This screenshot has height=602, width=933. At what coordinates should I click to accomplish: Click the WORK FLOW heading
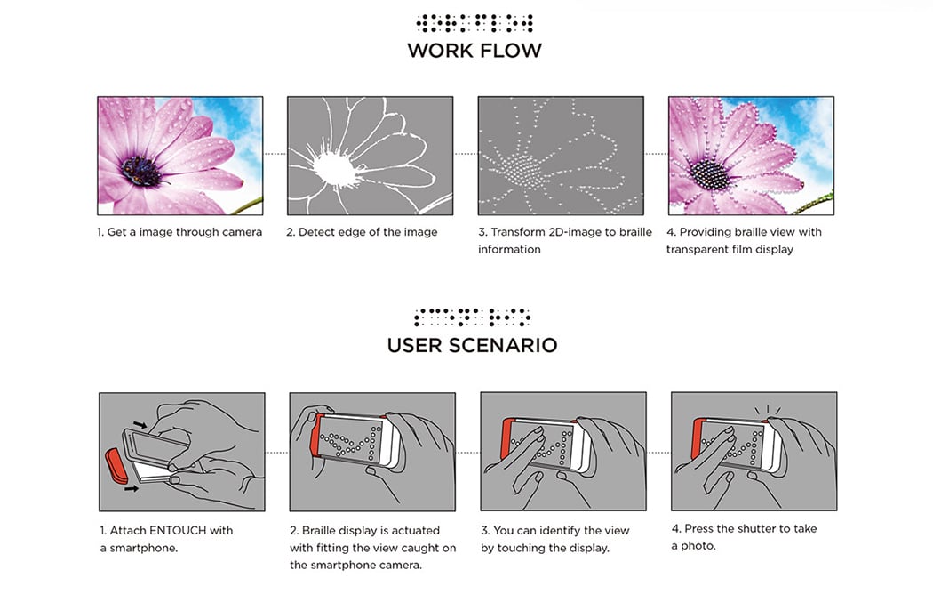(x=474, y=51)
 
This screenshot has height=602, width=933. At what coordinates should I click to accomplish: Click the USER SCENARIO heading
(x=472, y=345)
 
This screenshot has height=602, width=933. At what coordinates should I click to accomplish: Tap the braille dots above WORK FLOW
(x=474, y=23)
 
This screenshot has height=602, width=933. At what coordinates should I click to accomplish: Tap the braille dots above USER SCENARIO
(x=472, y=317)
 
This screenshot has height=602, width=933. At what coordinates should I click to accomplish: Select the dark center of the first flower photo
(x=141, y=172)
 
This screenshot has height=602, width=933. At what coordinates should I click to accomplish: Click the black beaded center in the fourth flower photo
(x=709, y=174)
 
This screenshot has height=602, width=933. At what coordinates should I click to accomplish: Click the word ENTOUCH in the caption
(x=178, y=531)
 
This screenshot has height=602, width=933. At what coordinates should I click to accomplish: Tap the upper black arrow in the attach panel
(x=140, y=424)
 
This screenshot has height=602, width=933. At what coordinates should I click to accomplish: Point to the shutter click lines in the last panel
(x=768, y=410)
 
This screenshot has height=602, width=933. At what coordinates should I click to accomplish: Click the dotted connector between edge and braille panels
(x=466, y=154)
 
